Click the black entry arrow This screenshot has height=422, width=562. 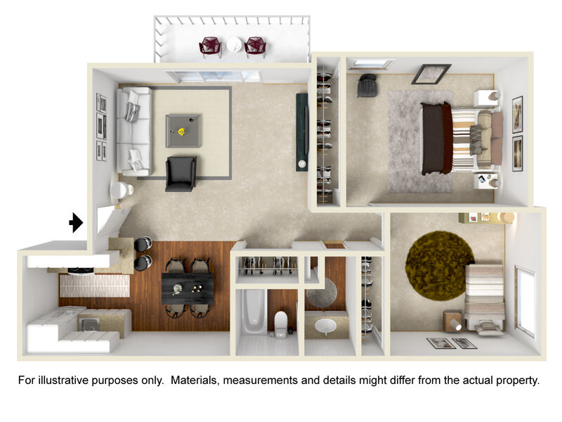[x=76, y=222]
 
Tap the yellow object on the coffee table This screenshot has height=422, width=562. [x=182, y=132]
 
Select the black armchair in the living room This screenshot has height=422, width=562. [x=181, y=174]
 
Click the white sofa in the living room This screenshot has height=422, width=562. [x=134, y=131]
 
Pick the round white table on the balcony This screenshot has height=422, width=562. [x=235, y=45]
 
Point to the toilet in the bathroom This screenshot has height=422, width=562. [x=281, y=324]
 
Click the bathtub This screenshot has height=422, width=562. [x=254, y=311]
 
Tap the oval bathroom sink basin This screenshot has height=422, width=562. [x=325, y=326]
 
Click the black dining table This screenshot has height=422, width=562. [x=188, y=288]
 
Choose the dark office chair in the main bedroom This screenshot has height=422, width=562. [x=367, y=85]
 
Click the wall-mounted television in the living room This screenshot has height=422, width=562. [x=302, y=132]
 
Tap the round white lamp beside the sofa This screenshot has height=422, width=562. [x=120, y=190]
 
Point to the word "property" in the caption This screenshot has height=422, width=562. [x=517, y=381]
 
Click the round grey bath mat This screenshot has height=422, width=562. [x=322, y=293]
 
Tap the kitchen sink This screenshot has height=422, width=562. [x=89, y=325]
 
